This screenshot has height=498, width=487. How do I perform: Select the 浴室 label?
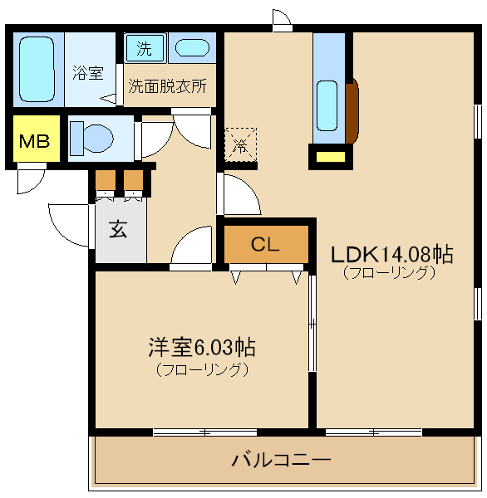pos(87,73)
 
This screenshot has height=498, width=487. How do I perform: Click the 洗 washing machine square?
pos(145,48)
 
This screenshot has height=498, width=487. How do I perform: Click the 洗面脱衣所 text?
pos(168,85)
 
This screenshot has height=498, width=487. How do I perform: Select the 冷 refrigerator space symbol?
pos(241,146)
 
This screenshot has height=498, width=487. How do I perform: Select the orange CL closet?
pos(265,244)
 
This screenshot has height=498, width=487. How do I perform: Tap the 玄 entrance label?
pos(118,230)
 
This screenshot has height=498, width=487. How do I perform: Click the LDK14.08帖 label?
pos(392,254)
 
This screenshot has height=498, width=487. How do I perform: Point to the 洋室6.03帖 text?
pos(201,345)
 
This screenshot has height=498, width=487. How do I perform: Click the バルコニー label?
pos(283,459)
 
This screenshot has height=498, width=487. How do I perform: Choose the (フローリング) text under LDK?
pos(388,273)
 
